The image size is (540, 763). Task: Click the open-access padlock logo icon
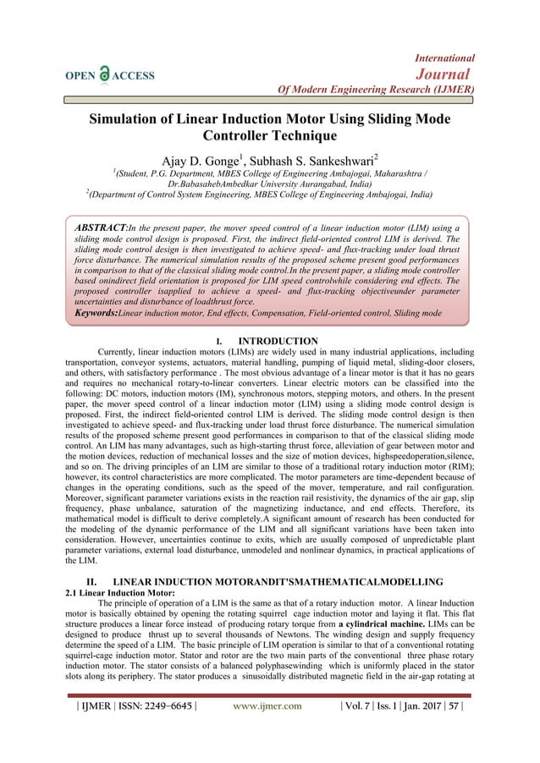click(104, 75)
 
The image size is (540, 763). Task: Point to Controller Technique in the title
click(270, 135)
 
